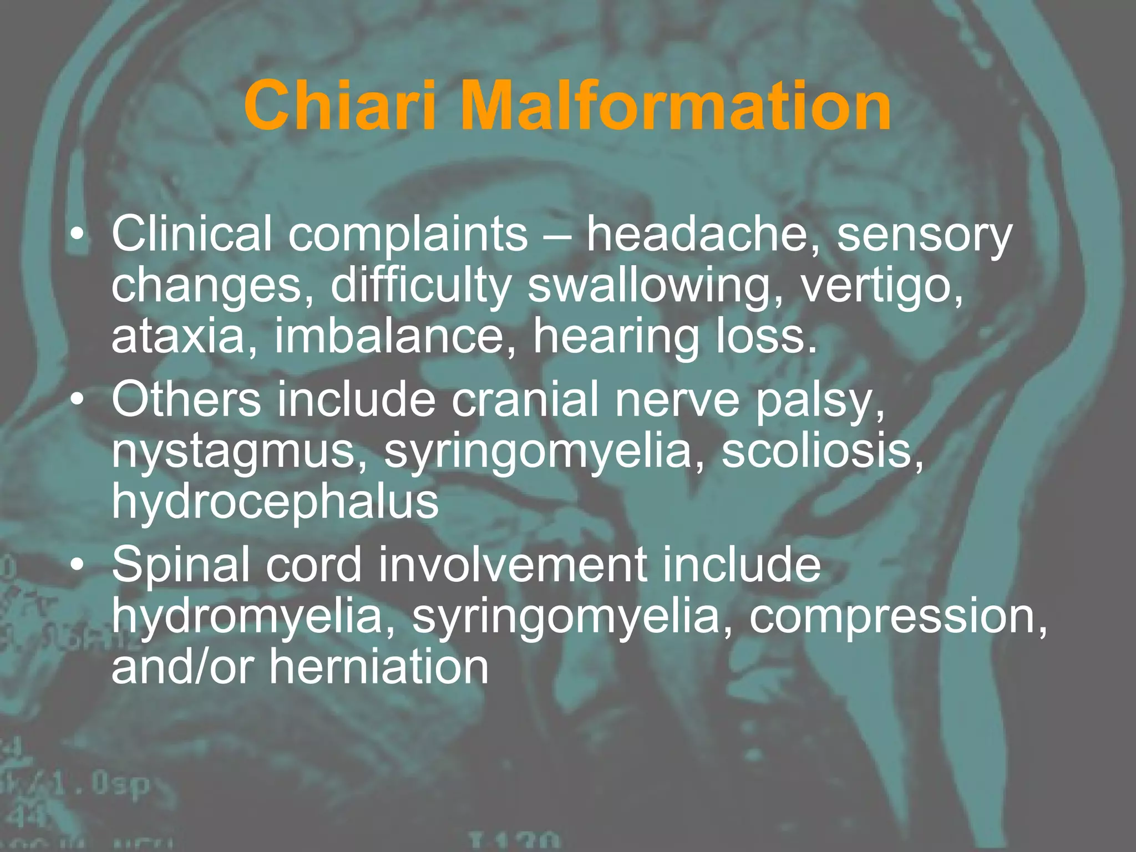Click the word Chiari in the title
[x=341, y=105]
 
